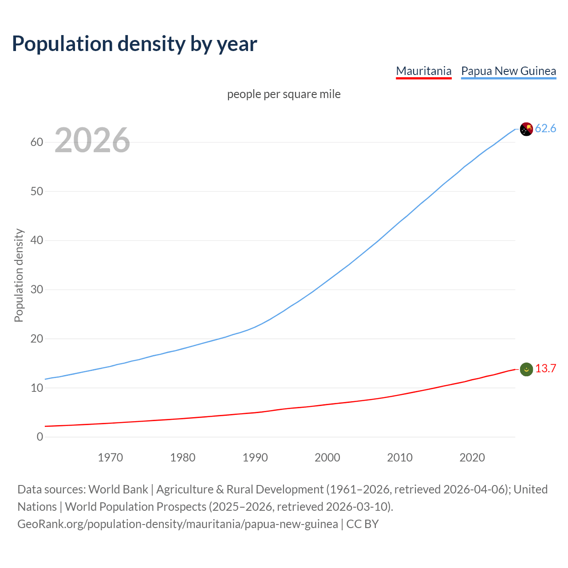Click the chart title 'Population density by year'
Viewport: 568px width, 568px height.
[134, 43]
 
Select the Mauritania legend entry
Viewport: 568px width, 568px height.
[423, 71]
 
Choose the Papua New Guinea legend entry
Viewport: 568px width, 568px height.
[508, 71]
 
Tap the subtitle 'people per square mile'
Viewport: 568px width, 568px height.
[284, 94]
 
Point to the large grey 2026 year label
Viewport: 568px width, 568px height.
[92, 140]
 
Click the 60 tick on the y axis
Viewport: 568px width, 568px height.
[37, 142]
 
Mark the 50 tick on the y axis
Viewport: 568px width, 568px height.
[37, 191]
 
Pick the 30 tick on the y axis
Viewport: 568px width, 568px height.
[37, 290]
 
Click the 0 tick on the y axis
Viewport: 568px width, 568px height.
[40, 437]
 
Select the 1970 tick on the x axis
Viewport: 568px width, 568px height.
[110, 458]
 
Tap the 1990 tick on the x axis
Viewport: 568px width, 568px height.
[255, 458]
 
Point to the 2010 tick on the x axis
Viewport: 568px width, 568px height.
[400, 458]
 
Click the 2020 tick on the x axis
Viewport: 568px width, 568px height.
[472, 458]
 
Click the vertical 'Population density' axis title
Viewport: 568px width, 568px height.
[19, 275]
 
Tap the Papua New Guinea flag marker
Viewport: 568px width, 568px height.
[526, 129]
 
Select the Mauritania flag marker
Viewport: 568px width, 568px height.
[526, 369]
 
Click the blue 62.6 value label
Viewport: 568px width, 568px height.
[545, 129]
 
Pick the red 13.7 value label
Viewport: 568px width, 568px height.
[545, 369]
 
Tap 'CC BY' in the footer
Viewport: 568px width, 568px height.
[363, 524]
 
